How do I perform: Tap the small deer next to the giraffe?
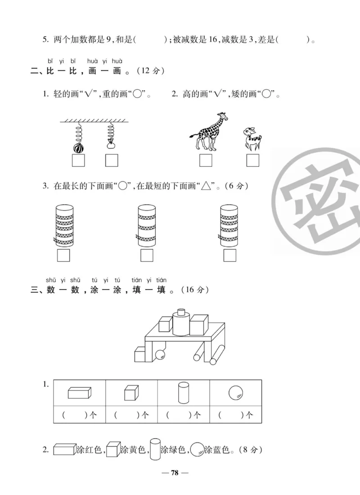pyautogui.click(x=252, y=138)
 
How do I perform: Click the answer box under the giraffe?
pyautogui.click(x=206, y=160)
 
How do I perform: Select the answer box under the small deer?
pyautogui.click(x=253, y=160)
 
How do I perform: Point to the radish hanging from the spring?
pyautogui.click(x=111, y=145)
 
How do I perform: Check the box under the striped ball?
pyautogui.click(x=78, y=160)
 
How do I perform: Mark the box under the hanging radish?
pyautogui.click(x=111, y=160)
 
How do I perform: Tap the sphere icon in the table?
pyautogui.click(x=235, y=393)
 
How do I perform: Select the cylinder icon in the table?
pyautogui.click(x=183, y=393)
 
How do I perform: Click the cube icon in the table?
pyautogui.click(x=131, y=393)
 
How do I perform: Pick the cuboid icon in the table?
pyautogui.click(x=79, y=393)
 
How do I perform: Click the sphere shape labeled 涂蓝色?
pyautogui.click(x=197, y=450)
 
